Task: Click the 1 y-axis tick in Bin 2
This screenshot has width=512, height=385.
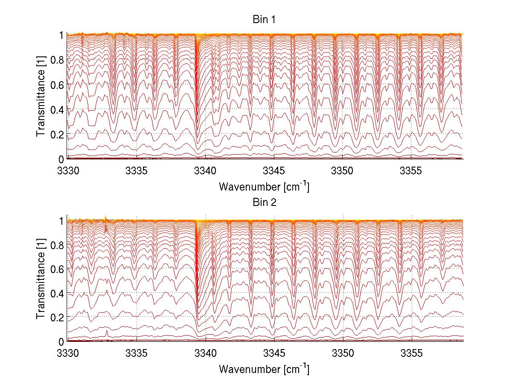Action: (61, 220)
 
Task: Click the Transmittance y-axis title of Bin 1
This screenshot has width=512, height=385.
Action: (41, 97)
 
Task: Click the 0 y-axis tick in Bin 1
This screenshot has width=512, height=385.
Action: (61, 159)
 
